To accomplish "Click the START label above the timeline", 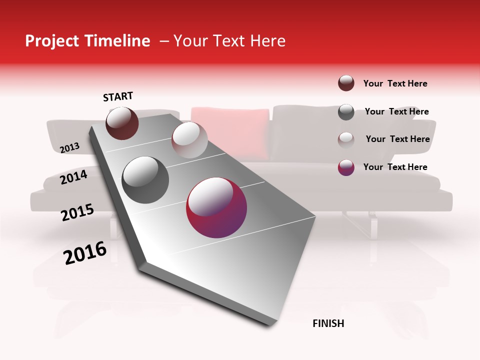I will [x=118, y=96].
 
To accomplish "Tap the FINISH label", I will [x=328, y=323].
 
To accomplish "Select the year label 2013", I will [x=70, y=147].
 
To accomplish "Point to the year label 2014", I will [x=74, y=177].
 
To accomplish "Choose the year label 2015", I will [x=77, y=212].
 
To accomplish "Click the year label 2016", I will [x=85, y=253].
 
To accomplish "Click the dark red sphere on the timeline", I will [x=122, y=123].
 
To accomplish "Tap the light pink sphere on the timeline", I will [x=189, y=140].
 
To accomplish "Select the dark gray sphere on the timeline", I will [x=145, y=179].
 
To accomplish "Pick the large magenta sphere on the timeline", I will [x=216, y=207].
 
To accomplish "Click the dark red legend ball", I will [x=346, y=83].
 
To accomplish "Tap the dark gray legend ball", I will [x=346, y=112].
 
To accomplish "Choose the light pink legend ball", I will [x=346, y=139].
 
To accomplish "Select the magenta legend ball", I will [x=346, y=167].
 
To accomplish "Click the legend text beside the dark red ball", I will [x=395, y=83].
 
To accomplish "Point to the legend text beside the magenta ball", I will [x=395, y=167].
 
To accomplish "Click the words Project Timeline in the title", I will [x=87, y=41].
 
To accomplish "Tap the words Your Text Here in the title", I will [x=229, y=41].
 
